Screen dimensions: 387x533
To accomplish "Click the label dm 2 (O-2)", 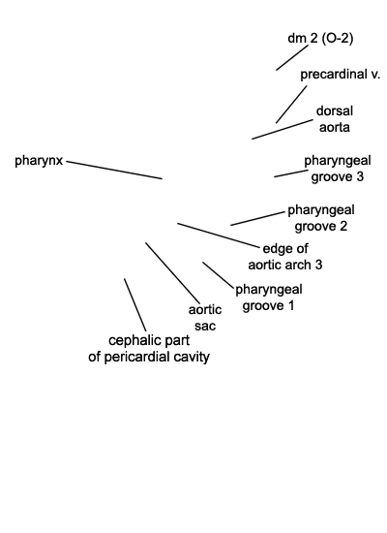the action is [x=320, y=38].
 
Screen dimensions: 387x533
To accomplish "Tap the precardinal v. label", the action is [x=340, y=74].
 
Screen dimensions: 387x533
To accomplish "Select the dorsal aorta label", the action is [x=335, y=119].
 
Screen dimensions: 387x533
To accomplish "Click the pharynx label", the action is [x=39, y=161].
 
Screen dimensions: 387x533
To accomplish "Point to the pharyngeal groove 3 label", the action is [x=338, y=169].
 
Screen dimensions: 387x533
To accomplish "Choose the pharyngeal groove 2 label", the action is [x=321, y=218].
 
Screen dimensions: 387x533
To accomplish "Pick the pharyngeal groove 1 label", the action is [x=269, y=298].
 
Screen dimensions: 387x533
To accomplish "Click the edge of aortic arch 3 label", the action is [x=285, y=257].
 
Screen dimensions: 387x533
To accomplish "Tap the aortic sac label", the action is [x=205, y=318].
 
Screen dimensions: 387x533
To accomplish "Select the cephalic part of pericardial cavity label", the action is [x=149, y=349].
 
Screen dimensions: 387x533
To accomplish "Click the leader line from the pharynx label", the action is [x=114, y=170].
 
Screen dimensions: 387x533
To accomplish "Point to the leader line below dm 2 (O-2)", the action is [x=292, y=58].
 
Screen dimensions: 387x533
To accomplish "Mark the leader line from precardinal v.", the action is [x=291, y=105].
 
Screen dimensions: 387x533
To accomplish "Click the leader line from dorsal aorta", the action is [x=283, y=129].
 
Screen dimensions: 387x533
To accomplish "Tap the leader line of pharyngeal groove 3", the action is [x=291, y=173].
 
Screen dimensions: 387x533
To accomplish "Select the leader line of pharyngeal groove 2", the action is [x=257, y=219].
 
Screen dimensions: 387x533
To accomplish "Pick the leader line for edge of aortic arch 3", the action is [x=218, y=235].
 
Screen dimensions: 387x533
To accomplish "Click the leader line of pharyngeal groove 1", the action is [x=219, y=275].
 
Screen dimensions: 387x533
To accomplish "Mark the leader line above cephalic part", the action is [x=135, y=304].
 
